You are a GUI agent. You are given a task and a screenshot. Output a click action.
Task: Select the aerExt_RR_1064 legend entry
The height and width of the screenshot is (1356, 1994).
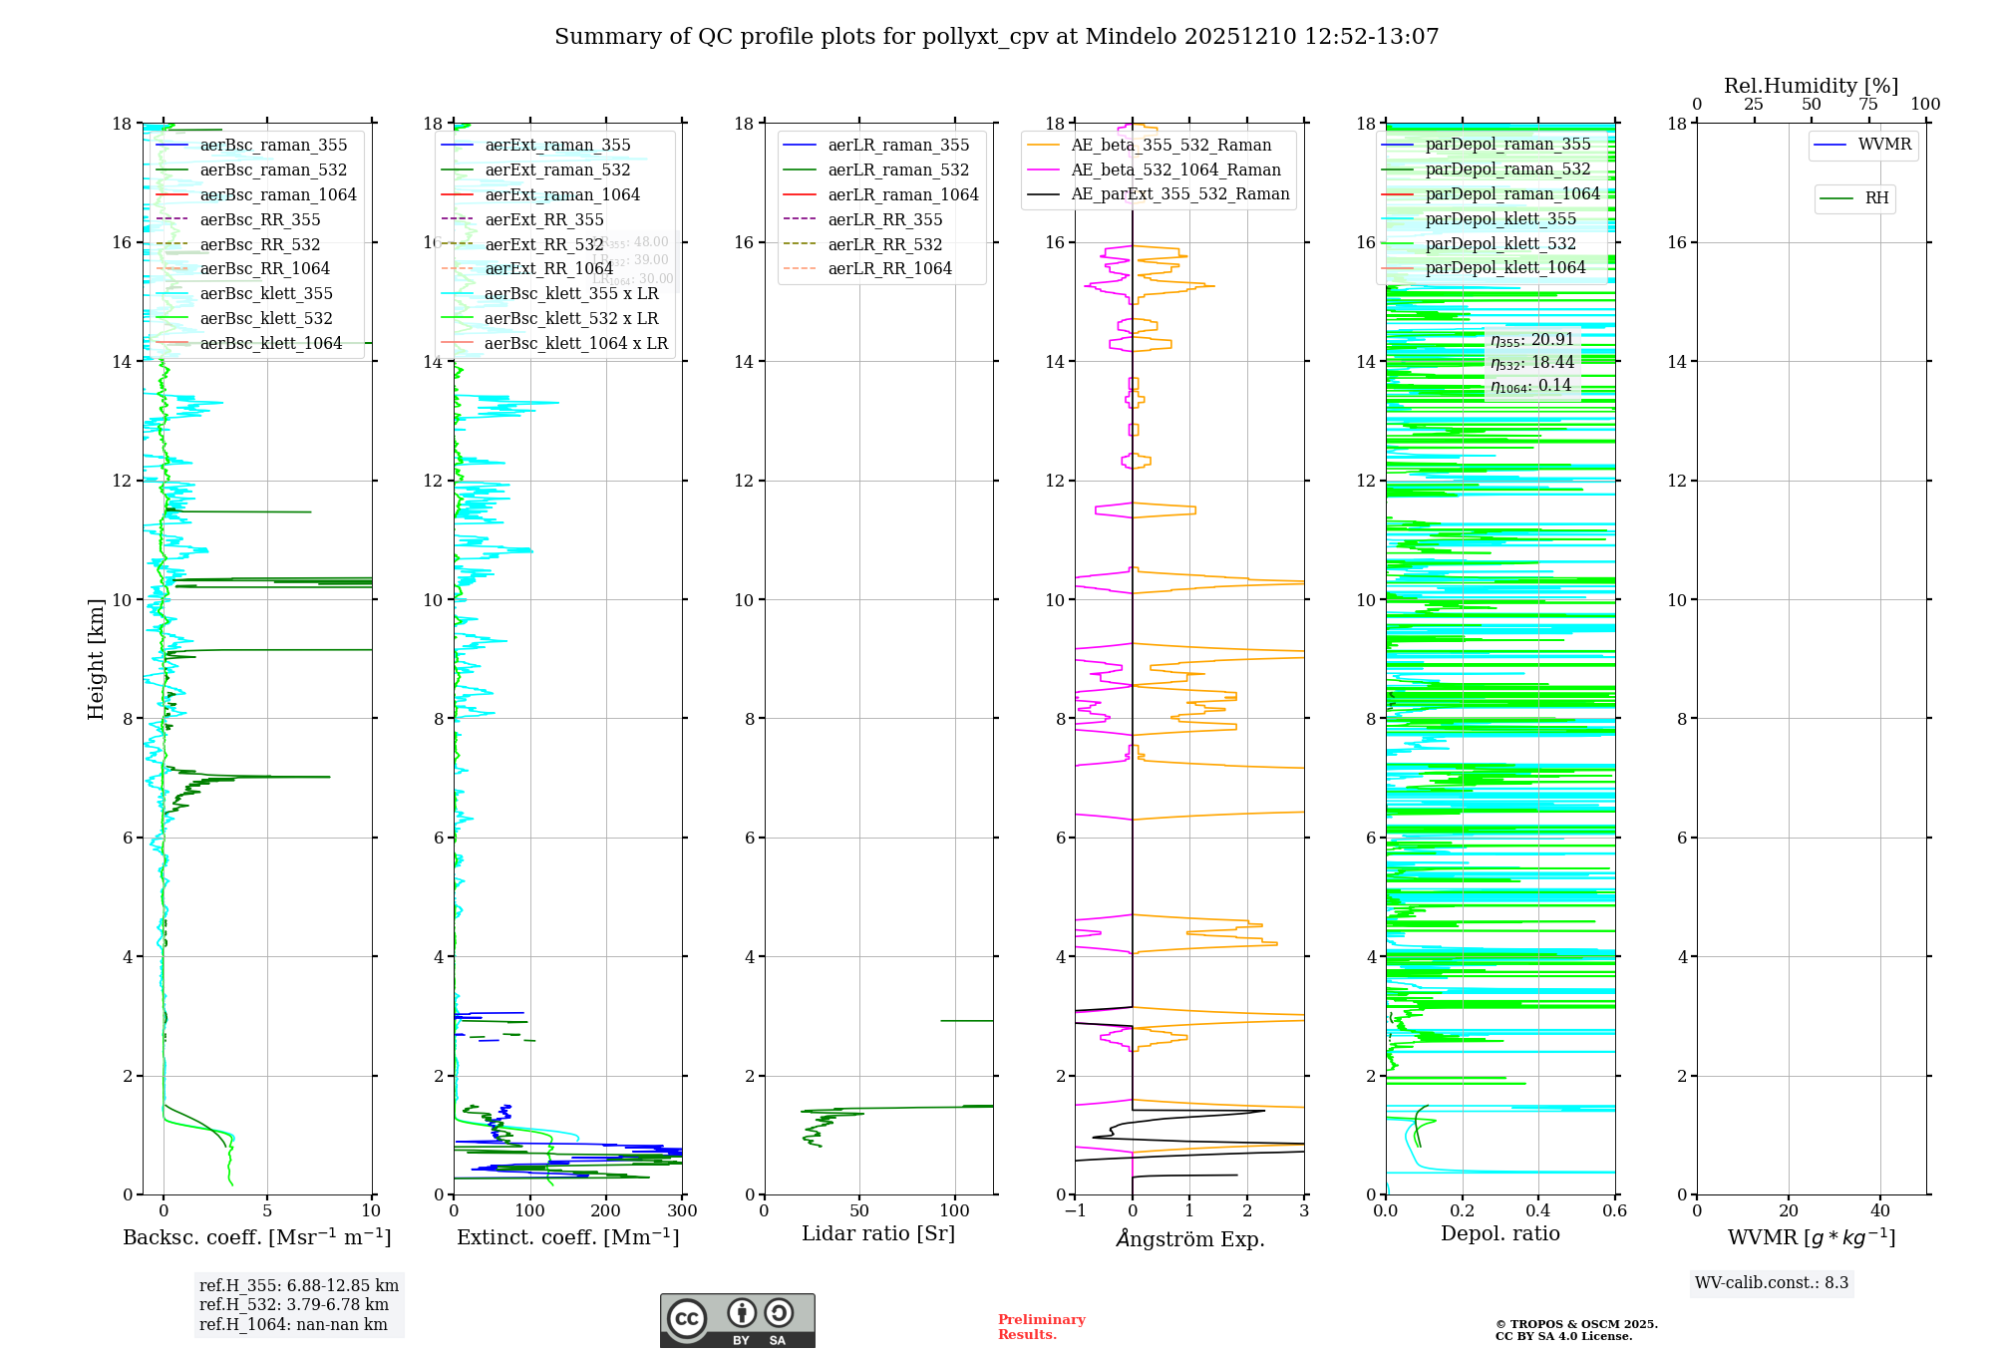point(548,269)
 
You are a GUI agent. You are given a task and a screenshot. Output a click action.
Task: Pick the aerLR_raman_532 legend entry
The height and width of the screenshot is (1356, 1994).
point(898,170)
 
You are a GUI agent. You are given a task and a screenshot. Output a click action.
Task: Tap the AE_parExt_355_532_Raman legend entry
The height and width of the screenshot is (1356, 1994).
point(1179,194)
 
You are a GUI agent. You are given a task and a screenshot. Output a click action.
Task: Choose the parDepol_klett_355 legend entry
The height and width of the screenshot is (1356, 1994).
point(1500,219)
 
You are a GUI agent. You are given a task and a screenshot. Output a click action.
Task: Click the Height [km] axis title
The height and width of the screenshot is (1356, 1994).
point(96,659)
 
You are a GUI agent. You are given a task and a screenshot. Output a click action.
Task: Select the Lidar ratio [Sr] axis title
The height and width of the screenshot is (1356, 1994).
point(878,1234)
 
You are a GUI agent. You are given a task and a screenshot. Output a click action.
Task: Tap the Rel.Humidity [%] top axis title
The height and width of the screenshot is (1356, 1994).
point(1811,86)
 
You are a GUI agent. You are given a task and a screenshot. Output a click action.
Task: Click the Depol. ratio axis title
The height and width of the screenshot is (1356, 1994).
point(1499,1234)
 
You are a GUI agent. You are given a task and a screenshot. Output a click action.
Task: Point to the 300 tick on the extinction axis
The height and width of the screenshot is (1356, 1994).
point(682,1211)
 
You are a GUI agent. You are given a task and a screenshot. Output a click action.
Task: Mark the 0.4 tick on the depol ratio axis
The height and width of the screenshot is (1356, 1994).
point(1538,1211)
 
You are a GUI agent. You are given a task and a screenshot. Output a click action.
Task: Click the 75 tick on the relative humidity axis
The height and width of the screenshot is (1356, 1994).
point(1868,105)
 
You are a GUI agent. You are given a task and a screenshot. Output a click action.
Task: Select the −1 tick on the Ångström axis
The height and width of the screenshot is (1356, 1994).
point(1074,1211)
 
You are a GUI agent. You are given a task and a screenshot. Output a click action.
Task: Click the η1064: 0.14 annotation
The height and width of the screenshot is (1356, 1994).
point(1530,386)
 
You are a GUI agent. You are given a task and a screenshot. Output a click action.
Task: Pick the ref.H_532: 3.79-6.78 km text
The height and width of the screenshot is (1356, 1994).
point(294,1305)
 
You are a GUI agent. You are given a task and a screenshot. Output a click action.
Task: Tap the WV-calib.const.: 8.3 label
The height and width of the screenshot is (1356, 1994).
point(1771,1283)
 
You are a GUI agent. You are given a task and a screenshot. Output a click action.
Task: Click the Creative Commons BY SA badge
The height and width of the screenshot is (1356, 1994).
point(737,1321)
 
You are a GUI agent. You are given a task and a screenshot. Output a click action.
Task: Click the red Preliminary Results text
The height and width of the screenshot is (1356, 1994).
point(1041,1327)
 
